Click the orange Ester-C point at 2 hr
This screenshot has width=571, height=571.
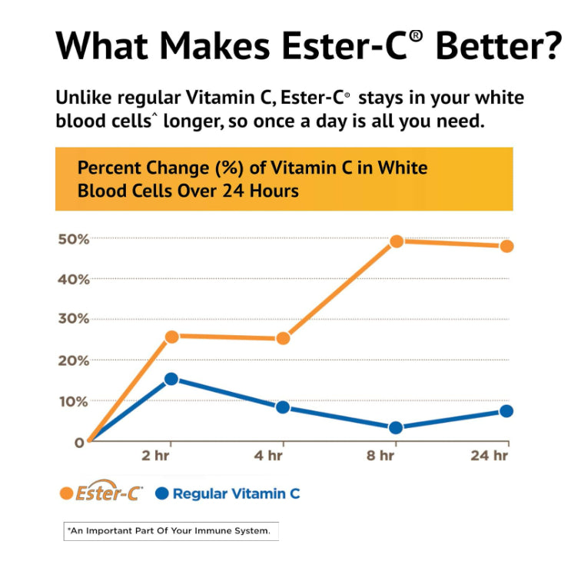tap(171, 336)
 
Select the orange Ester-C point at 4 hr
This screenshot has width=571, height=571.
tap(283, 338)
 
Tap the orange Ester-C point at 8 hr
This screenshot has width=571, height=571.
tap(397, 241)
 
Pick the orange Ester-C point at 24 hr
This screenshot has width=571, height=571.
tap(506, 246)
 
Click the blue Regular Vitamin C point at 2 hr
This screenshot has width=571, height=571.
tap(171, 379)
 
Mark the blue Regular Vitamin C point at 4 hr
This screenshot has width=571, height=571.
tap(283, 407)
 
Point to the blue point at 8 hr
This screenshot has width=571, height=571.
tap(396, 427)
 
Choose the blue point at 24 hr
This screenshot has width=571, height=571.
tap(506, 411)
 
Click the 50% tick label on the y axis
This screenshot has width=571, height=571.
tap(74, 239)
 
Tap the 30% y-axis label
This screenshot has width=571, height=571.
tap(74, 319)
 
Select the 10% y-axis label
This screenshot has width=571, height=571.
tap(74, 401)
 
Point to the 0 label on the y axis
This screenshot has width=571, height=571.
tap(79, 442)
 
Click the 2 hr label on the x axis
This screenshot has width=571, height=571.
tap(158, 456)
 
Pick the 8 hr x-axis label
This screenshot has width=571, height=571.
tap(380, 456)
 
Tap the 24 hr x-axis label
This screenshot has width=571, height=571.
tap(490, 456)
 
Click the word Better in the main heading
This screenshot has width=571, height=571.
tap(498, 46)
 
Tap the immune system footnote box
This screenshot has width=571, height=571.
tap(171, 531)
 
